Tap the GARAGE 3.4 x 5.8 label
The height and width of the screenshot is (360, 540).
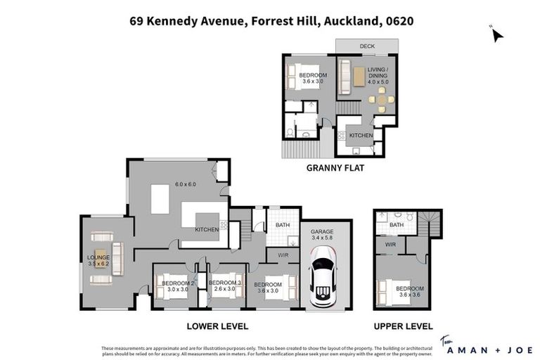pyautogui.click(x=323, y=235)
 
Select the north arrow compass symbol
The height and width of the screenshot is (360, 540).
pyautogui.click(x=497, y=34)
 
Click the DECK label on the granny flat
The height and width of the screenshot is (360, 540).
pyautogui.click(x=367, y=46)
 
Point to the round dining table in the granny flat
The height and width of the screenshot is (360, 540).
pyautogui.click(x=381, y=100)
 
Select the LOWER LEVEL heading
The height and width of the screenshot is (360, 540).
pyautogui.click(x=217, y=326)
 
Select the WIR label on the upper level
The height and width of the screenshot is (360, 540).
pyautogui.click(x=387, y=244)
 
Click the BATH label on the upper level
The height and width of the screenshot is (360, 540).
pyautogui.click(x=396, y=225)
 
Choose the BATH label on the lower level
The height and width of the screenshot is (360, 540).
pyautogui.click(x=282, y=225)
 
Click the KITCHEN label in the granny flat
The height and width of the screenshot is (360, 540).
pyautogui.click(x=361, y=135)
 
